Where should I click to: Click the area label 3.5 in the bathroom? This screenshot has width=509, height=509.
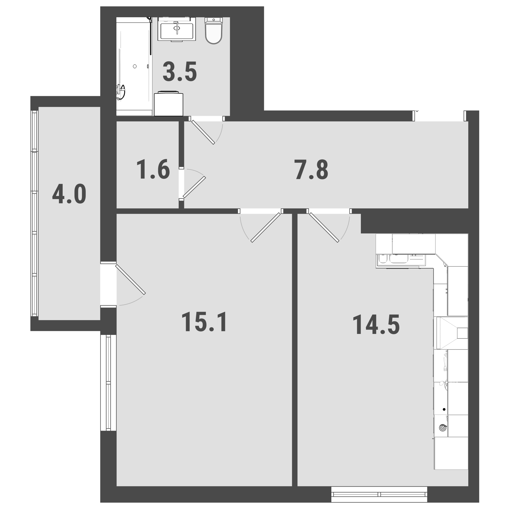click(x=180, y=72)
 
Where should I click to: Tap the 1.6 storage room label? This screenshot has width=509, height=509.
click(x=153, y=169)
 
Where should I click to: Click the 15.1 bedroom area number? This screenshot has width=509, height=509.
click(x=204, y=322)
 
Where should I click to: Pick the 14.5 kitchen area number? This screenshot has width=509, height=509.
click(x=376, y=325)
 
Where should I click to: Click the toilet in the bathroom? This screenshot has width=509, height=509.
click(x=214, y=30)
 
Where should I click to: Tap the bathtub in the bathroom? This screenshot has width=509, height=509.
click(x=134, y=66)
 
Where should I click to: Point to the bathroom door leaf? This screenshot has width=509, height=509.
click(x=203, y=132)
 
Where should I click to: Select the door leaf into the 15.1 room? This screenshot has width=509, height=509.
click(x=265, y=227)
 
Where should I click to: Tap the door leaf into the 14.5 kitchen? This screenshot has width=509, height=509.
click(x=324, y=227)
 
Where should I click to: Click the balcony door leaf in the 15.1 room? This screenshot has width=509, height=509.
click(x=130, y=279)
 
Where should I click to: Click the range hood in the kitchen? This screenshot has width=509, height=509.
click(x=452, y=333)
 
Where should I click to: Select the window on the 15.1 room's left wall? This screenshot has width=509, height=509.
click(x=108, y=383)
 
